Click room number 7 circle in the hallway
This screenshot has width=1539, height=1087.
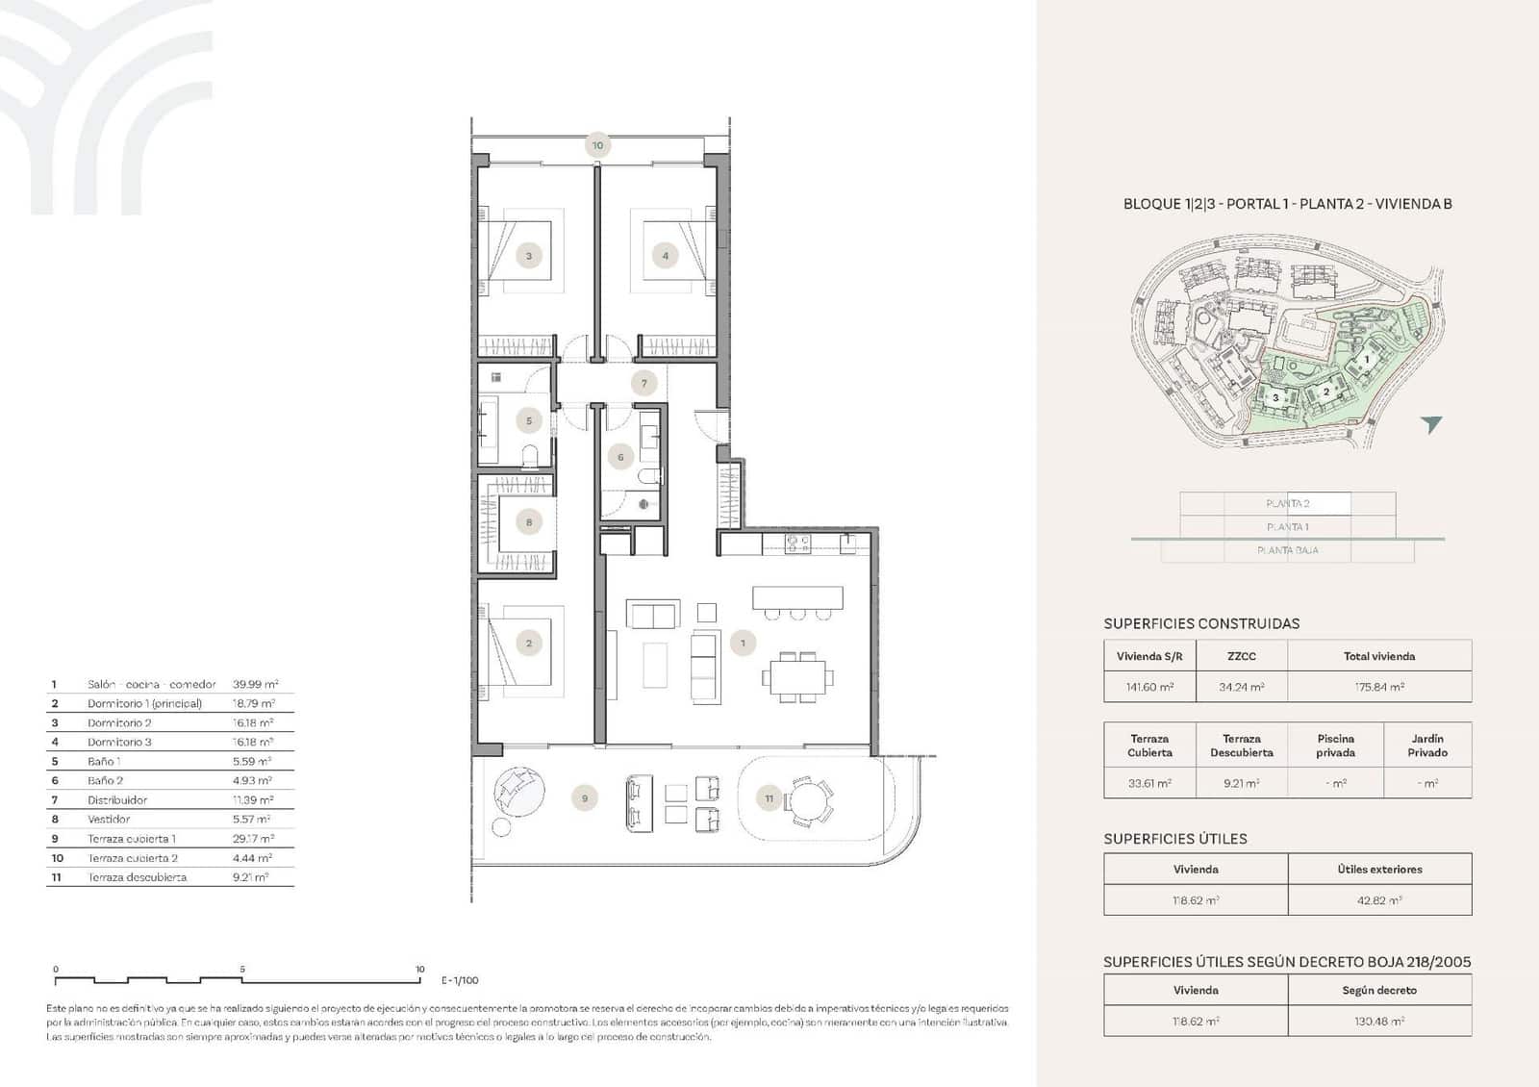pyautogui.click(x=644, y=383)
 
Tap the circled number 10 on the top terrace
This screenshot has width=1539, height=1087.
pyautogui.click(x=597, y=146)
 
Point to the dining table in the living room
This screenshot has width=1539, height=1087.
pyautogui.click(x=795, y=676)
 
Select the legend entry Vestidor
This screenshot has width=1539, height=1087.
pyautogui.click(x=109, y=820)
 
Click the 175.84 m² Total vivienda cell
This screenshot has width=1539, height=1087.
pyautogui.click(x=1378, y=687)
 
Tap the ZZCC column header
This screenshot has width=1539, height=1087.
pyautogui.click(x=1241, y=656)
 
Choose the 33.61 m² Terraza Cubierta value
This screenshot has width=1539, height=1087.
pyautogui.click(x=1149, y=783)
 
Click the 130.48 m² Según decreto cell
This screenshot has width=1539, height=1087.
pyautogui.click(x=1378, y=1022)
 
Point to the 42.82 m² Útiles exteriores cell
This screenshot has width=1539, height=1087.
pyautogui.click(x=1378, y=900)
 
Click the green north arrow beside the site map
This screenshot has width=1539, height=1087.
pyautogui.click(x=1431, y=424)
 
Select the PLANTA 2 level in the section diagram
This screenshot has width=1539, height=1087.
pyautogui.click(x=1287, y=503)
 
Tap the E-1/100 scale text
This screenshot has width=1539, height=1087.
pyautogui.click(x=460, y=980)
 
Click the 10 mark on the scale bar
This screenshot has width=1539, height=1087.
pyautogui.click(x=420, y=970)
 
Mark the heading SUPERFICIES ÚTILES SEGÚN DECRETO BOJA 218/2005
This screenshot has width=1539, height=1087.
pyautogui.click(x=1287, y=962)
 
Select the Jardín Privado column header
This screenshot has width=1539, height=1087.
pyautogui.click(x=1426, y=746)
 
